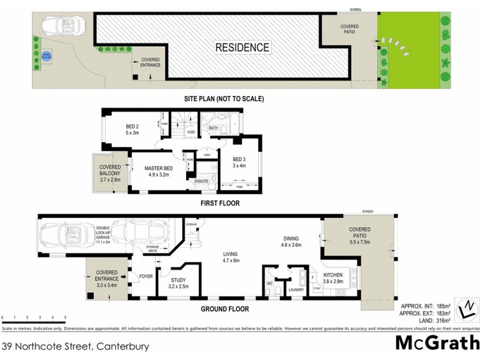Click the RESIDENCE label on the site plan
[242, 47]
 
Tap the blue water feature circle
[46, 56]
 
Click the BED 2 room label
[133, 130]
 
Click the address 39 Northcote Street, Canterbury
[76, 346]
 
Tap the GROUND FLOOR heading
[225, 310]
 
